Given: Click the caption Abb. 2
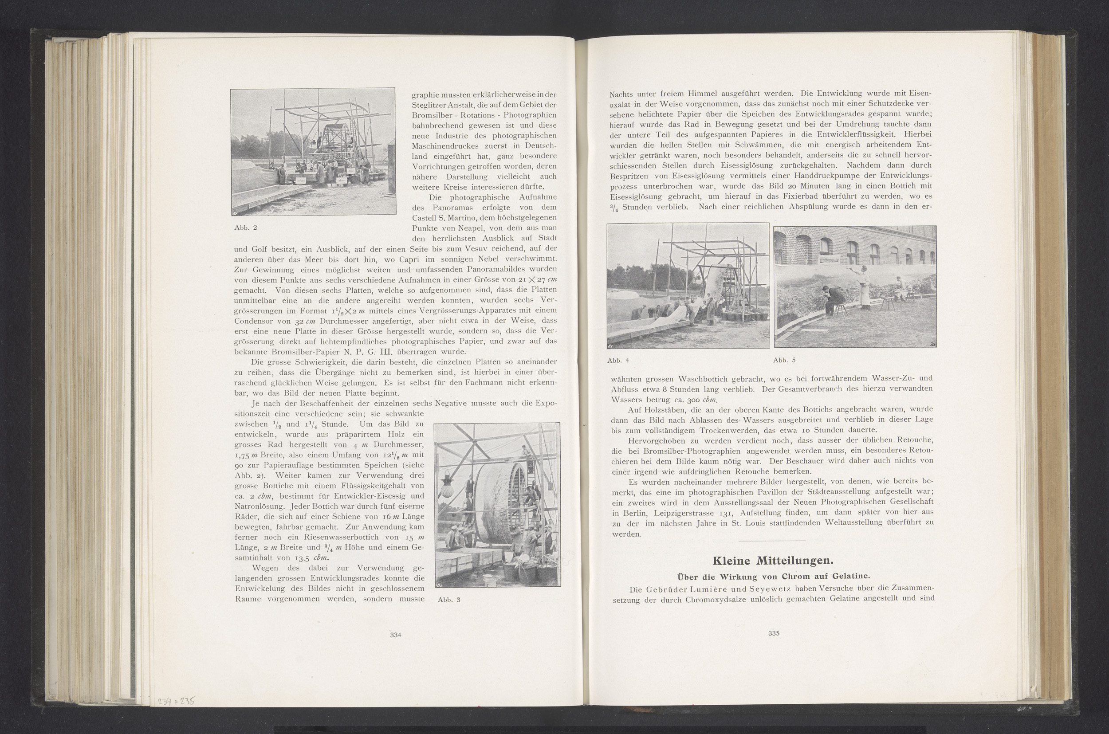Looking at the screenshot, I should (245, 228).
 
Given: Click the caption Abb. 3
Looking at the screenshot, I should (449, 600).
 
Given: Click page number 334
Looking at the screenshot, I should (396, 635).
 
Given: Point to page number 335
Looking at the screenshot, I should (773, 633).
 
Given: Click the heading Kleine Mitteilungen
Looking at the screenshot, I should (772, 560).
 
